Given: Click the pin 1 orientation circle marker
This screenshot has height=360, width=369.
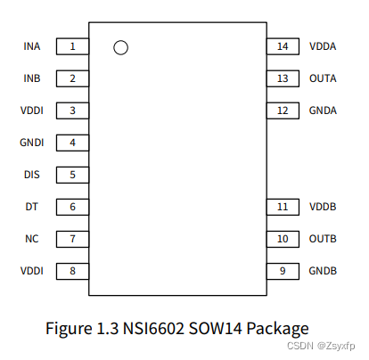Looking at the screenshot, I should coord(121,47).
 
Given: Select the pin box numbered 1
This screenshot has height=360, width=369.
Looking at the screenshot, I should coord(72,46).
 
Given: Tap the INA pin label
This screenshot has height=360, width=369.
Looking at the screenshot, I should coord(32,46).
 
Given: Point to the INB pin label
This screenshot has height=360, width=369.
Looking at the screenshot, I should coord(32,78).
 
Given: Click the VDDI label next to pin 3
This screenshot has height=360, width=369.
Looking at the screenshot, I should coord(31,110).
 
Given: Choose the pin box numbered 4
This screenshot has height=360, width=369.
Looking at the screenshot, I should coord(72,143).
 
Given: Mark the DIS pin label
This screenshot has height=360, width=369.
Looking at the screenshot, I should coord(32,175).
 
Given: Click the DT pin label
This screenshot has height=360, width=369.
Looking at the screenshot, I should coord(32,207).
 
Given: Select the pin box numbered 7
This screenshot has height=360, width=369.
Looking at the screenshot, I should coord(72,239).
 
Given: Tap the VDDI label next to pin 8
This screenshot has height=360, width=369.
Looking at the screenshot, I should coord(31,271).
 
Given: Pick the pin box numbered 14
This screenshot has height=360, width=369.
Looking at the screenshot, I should coord(282,46).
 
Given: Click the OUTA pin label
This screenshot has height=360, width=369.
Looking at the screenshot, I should coord(323,78).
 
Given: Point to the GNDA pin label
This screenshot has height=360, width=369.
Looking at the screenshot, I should coord(323,110).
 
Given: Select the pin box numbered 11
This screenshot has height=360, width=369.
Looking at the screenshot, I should coord(282,207).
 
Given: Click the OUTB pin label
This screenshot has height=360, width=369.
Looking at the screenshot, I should coord(323,239).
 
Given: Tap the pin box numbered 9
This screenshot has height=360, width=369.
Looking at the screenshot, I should coord(282,271).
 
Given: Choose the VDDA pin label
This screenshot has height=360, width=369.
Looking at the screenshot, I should coord(323,46).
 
